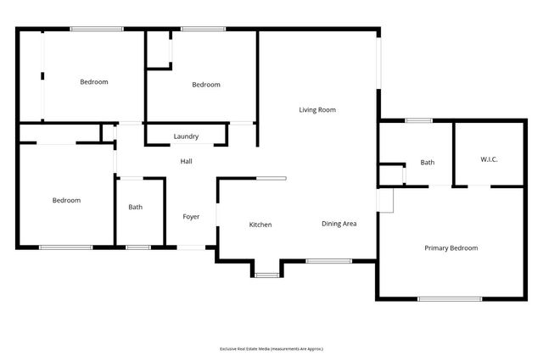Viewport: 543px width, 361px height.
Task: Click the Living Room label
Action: (317, 109)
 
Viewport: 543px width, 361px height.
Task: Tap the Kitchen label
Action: (260, 225)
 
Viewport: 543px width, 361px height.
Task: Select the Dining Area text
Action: (339, 224)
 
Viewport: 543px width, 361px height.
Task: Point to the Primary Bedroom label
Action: (451, 248)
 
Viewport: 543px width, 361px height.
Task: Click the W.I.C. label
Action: (489, 158)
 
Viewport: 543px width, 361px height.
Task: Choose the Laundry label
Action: (186, 136)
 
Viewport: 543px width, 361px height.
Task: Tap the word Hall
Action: (186, 161)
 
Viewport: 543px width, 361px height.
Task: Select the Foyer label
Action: (192, 217)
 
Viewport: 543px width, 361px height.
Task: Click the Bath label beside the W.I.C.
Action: (427, 162)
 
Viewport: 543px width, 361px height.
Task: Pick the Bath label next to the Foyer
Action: (136, 207)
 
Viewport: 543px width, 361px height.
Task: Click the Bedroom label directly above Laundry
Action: (205, 85)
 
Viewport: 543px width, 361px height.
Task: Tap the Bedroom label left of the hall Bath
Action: (66, 201)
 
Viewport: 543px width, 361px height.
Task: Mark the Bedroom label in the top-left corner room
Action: (94, 82)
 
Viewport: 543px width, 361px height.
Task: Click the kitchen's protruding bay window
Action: (266, 275)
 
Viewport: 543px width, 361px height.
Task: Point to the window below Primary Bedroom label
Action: (450, 298)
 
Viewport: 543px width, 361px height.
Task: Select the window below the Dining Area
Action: (328, 261)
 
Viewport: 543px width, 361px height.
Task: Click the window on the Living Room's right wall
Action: (379, 64)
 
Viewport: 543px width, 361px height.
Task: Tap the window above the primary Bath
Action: (418, 120)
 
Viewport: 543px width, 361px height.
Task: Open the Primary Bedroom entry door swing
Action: (386, 200)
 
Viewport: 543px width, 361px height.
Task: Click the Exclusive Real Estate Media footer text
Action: (271, 348)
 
